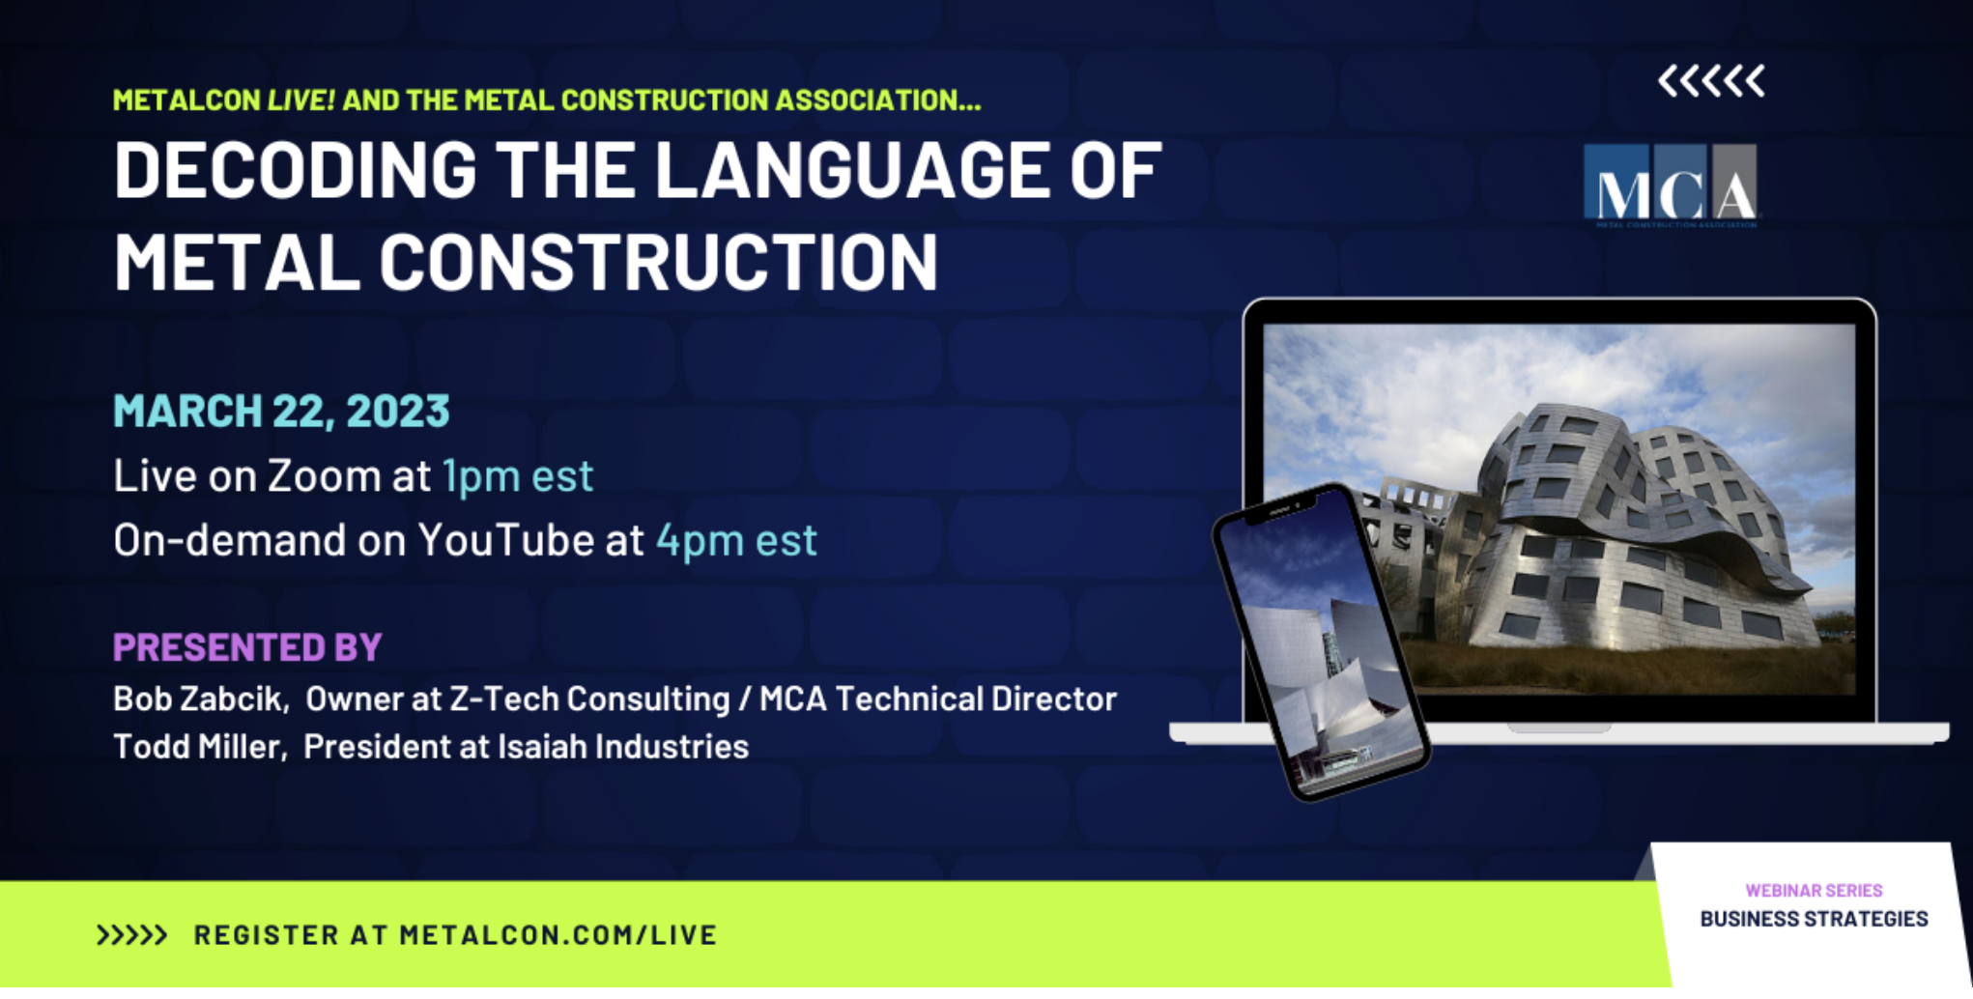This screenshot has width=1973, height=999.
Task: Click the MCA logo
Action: point(1671,186)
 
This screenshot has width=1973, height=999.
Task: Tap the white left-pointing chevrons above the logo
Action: point(1711,81)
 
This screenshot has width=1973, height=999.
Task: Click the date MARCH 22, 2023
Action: point(281,411)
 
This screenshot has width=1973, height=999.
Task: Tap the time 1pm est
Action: point(518,475)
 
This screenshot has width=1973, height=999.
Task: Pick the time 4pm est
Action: point(736,540)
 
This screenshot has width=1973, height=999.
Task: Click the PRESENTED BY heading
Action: point(247,647)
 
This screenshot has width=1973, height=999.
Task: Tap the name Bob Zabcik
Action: point(200,699)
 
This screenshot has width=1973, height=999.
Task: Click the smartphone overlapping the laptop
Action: point(1321,642)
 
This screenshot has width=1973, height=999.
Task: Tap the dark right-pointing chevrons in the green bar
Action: point(131,935)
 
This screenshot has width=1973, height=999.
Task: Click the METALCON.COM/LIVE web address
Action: point(558,935)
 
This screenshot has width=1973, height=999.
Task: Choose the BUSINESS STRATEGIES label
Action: point(1814,919)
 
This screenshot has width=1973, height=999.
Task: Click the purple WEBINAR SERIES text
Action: point(1814,891)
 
